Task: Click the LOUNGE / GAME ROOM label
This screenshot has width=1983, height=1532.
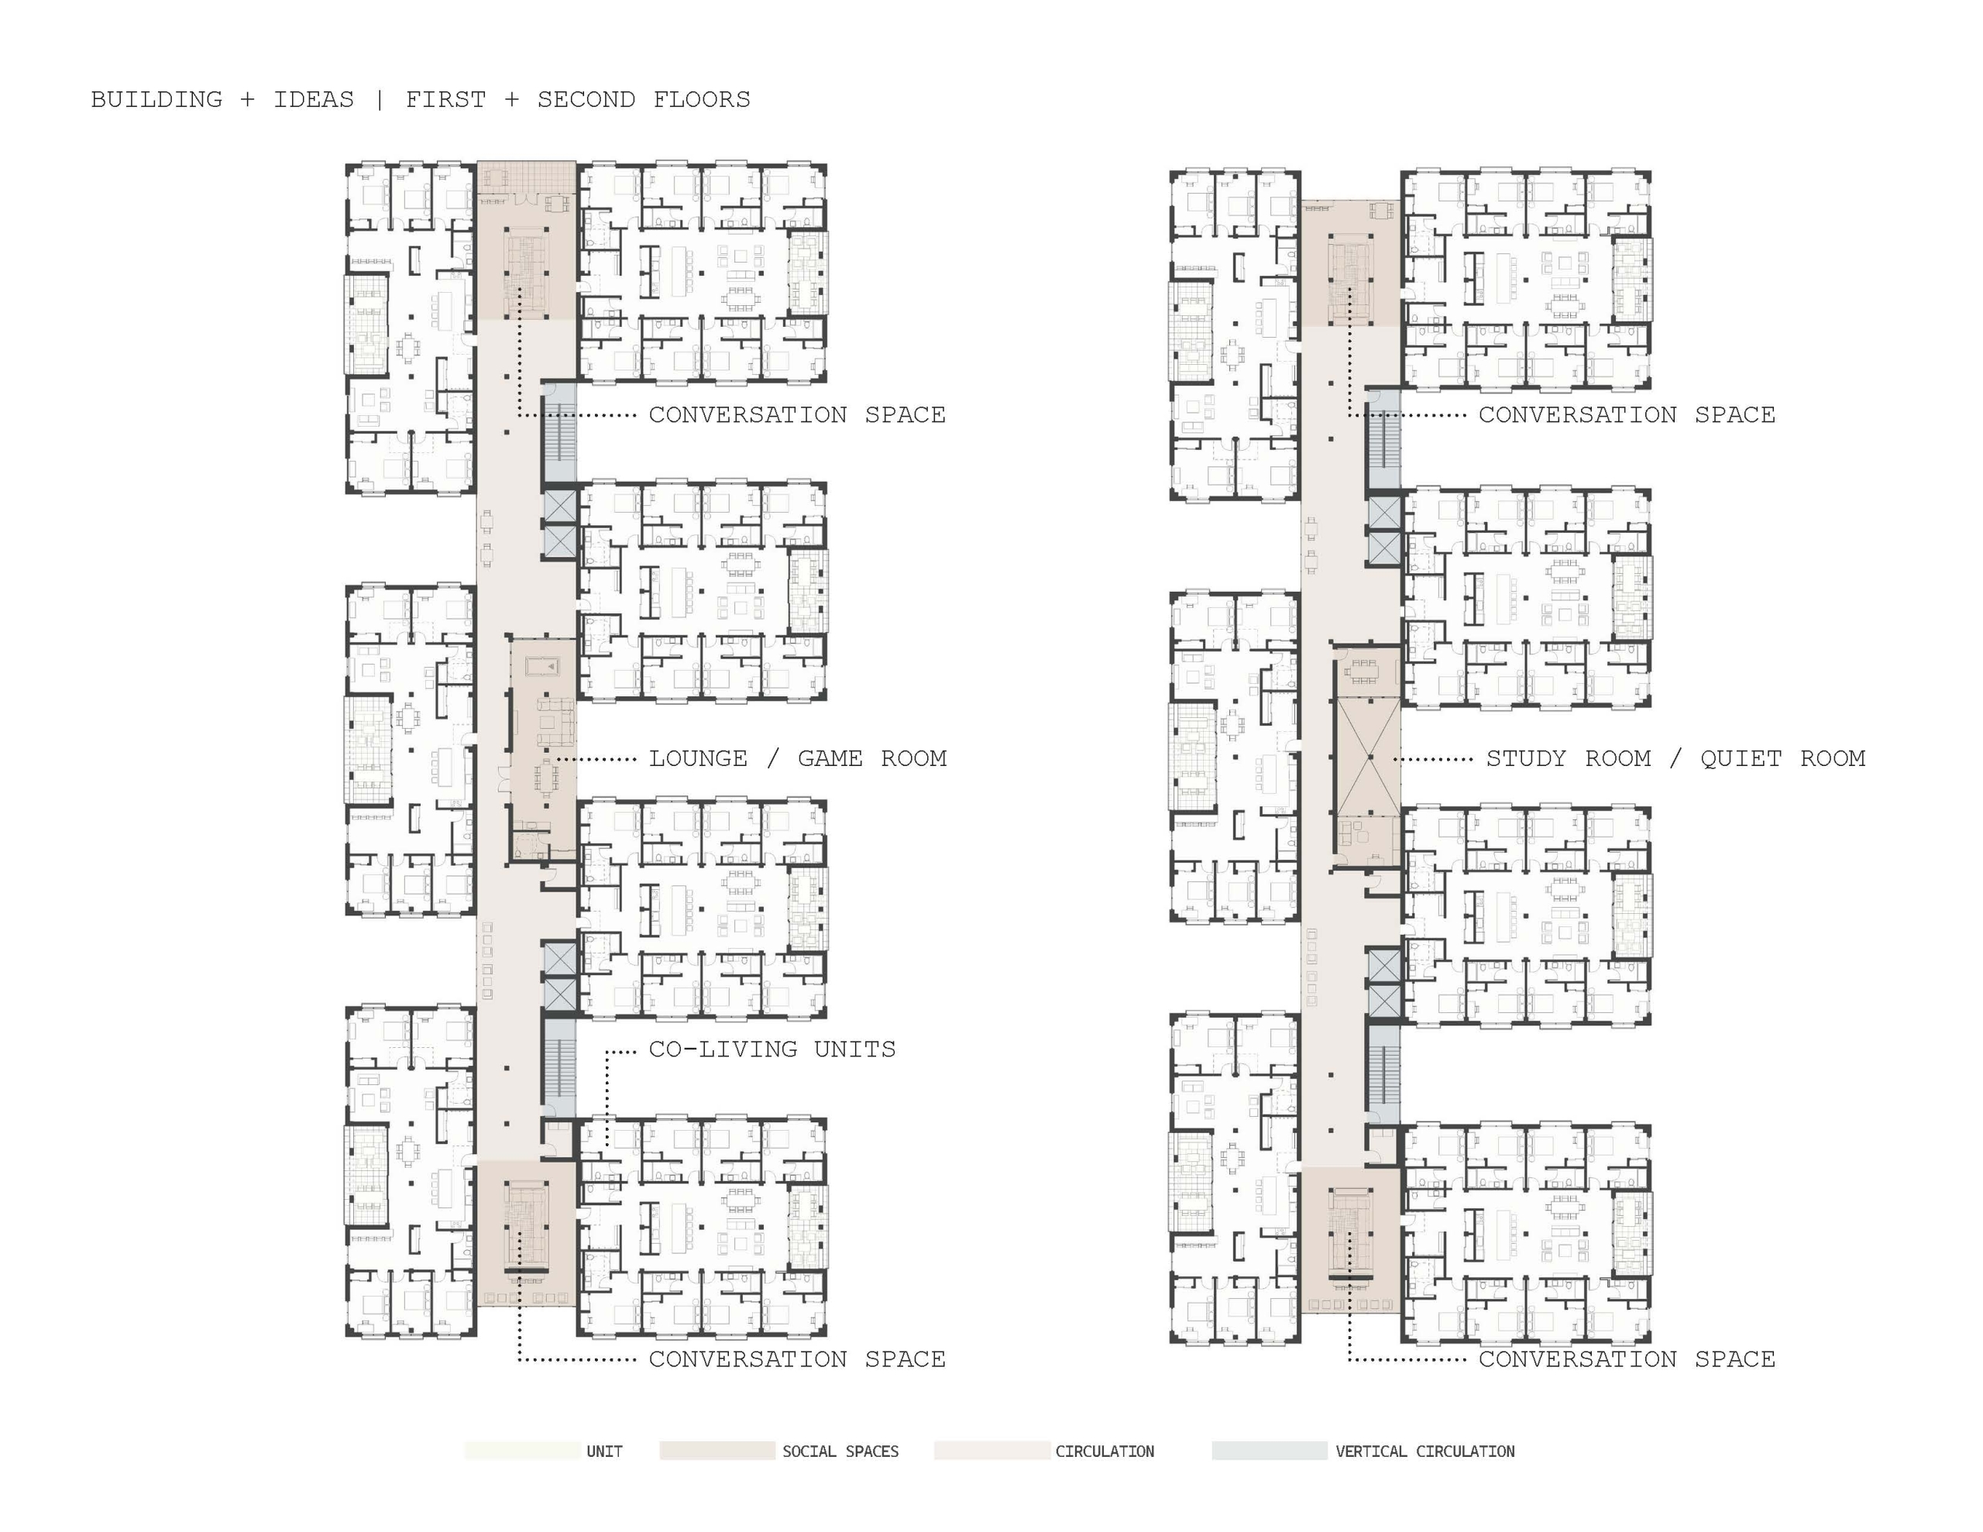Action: click(x=797, y=758)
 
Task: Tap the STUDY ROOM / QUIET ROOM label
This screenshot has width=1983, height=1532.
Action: click(x=1675, y=758)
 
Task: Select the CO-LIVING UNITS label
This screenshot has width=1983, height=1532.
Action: click(x=772, y=1049)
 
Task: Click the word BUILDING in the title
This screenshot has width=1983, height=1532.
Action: click(x=156, y=99)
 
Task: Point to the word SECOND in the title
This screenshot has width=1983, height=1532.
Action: click(x=586, y=99)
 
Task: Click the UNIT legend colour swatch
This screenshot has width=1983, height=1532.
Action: click(x=522, y=1450)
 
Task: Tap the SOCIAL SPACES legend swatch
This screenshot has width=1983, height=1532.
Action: click(x=717, y=1450)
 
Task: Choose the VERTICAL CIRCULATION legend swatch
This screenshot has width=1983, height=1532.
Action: click(x=1270, y=1450)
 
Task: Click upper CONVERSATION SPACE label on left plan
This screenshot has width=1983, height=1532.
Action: click(x=797, y=415)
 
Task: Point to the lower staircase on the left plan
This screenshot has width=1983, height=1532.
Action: click(x=559, y=1067)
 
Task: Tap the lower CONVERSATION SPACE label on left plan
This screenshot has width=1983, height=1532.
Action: click(x=797, y=1359)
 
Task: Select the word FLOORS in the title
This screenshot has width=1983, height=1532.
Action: click(x=702, y=99)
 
